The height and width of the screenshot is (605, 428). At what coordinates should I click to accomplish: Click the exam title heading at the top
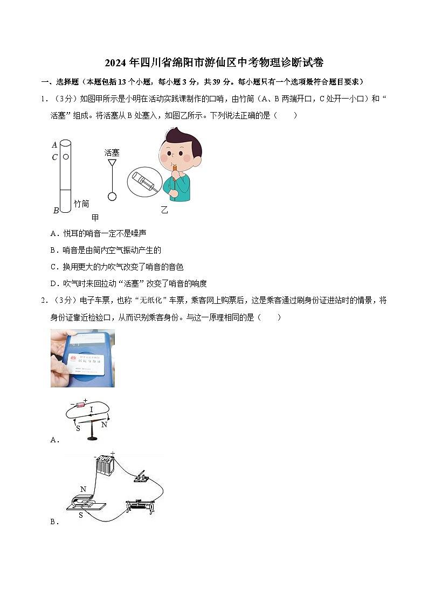coord(214,62)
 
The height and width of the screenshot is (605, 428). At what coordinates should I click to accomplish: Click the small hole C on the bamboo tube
coord(66,157)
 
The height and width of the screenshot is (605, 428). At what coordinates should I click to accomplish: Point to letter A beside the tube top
coord(54,144)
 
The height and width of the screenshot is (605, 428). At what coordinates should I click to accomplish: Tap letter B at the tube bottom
coord(56,211)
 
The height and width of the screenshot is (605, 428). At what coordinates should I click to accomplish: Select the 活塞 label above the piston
coord(112,153)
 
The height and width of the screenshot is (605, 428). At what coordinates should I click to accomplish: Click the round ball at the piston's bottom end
coord(112,197)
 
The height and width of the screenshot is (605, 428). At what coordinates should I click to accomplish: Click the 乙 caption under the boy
coord(164,210)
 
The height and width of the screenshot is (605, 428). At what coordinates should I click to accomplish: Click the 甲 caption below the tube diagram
coord(95,218)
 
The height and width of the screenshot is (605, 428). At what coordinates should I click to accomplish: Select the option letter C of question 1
coord(53,267)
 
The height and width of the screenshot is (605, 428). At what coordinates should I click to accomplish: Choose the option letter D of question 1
coord(53,283)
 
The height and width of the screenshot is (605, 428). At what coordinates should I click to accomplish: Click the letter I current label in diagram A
coord(91,410)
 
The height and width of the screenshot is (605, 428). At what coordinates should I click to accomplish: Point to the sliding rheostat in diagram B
coord(141,505)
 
